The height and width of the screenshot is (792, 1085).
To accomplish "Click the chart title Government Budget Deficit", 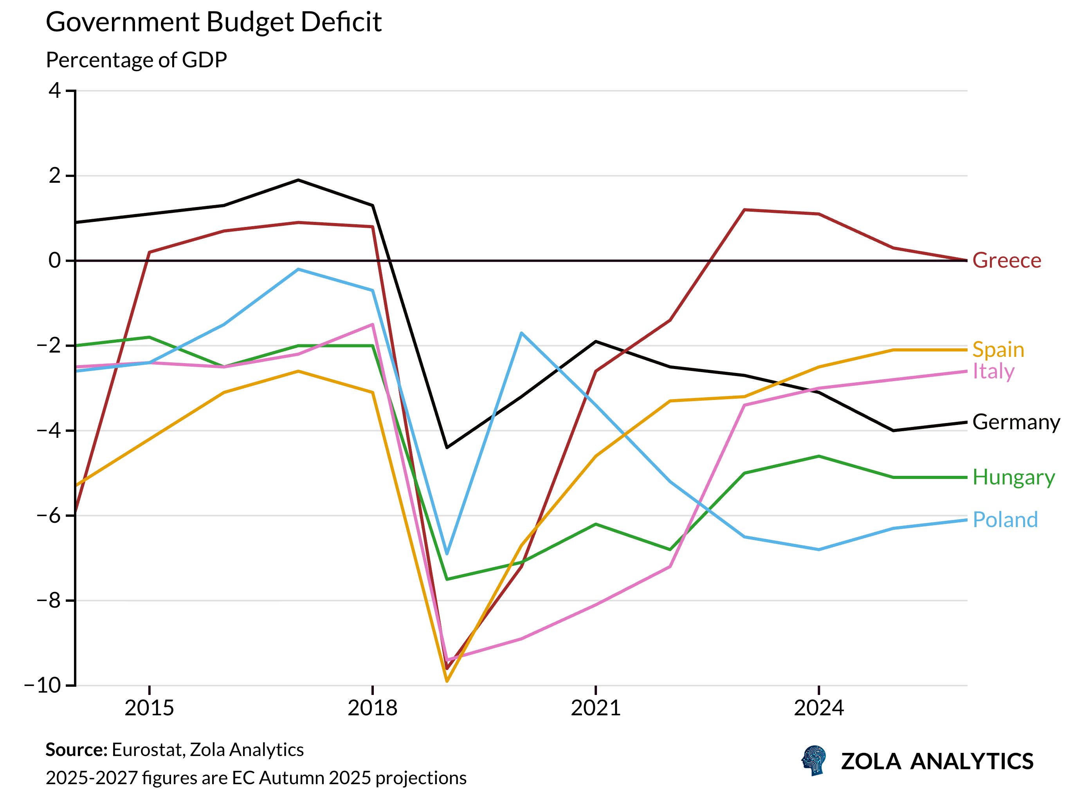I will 213,22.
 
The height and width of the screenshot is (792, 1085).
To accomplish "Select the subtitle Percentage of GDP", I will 136,60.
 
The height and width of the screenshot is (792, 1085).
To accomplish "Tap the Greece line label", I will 1006,260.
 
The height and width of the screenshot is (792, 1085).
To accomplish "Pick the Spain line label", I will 998,349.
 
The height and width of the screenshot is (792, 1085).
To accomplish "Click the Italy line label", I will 993,371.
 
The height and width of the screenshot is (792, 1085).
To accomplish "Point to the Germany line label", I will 1016,422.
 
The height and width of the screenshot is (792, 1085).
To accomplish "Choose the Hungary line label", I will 1013,477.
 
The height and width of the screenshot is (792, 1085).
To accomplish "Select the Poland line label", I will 1005,520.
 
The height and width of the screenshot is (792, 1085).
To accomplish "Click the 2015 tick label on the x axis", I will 149,707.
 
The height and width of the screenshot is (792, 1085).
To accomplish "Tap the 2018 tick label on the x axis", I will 372,707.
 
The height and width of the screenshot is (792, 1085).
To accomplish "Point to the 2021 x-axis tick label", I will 595,707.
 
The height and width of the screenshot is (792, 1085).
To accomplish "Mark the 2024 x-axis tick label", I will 818,707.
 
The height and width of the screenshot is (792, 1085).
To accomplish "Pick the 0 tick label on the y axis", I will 55,260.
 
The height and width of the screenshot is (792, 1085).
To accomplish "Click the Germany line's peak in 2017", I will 298,180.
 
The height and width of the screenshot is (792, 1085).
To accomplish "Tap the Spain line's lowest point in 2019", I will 447,681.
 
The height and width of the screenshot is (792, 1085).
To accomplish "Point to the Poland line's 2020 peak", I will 521,333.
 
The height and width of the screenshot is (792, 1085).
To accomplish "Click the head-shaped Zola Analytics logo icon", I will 814,760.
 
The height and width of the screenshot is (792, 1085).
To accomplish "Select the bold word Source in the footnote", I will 76,750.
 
